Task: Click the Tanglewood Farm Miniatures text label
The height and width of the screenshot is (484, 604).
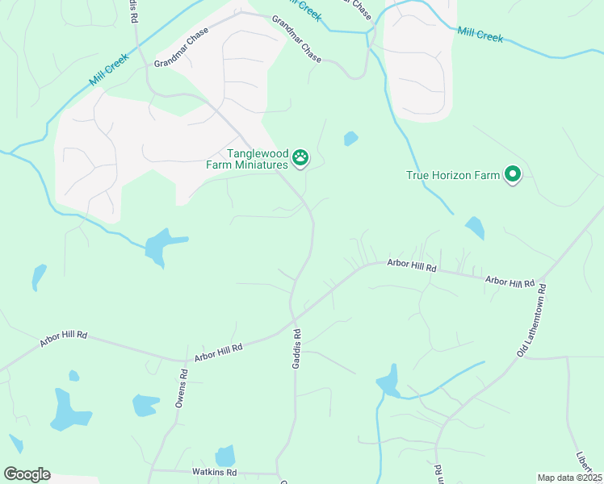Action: tap(257, 159)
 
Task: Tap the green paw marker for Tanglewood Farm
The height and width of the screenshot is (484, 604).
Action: tap(300, 157)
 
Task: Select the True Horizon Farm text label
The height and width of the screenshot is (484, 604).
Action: tap(452, 174)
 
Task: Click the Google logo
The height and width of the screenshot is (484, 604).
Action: tap(27, 474)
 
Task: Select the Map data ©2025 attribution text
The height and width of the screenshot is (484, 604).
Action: tap(569, 478)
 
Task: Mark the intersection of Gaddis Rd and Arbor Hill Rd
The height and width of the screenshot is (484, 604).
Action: tap(292, 324)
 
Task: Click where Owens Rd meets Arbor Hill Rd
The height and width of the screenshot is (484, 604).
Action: tap(182, 359)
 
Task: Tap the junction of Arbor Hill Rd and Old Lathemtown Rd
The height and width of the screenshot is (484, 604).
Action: tap(546, 284)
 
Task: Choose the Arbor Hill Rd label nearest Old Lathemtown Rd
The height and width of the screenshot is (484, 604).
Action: tap(510, 282)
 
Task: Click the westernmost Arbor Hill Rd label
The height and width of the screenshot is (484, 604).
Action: tap(63, 336)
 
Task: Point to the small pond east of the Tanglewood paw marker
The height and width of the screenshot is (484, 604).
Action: tap(350, 139)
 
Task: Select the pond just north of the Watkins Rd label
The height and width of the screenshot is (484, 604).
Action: tap(225, 456)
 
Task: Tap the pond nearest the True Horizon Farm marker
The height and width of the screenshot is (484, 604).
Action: tap(475, 227)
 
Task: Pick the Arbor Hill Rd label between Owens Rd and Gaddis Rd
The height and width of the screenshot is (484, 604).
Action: tap(218, 352)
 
